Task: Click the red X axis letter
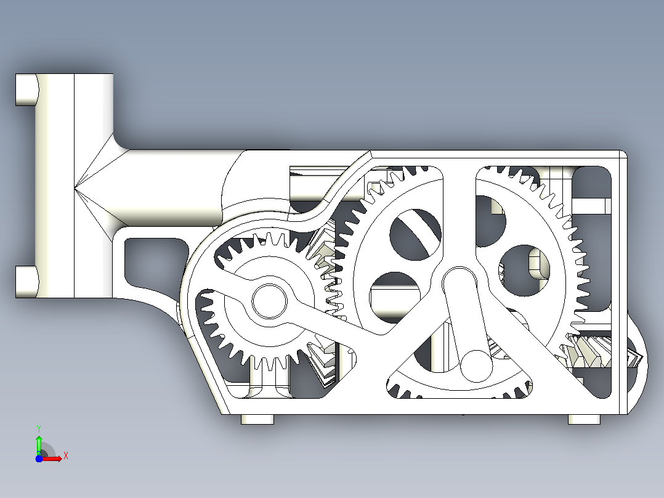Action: pyautogui.click(x=66, y=456)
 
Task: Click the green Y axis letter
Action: pyautogui.click(x=39, y=429)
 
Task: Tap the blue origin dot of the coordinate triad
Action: pyautogui.click(x=39, y=459)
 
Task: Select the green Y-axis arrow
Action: pyautogui.click(x=39, y=445)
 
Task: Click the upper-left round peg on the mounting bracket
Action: pyautogui.click(x=26, y=89)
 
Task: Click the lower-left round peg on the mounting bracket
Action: pyautogui.click(x=26, y=282)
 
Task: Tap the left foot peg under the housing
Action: pyautogui.click(x=257, y=419)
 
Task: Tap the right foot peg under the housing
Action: pyautogui.click(x=584, y=419)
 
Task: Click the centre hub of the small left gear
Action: pyautogui.click(x=269, y=301)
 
